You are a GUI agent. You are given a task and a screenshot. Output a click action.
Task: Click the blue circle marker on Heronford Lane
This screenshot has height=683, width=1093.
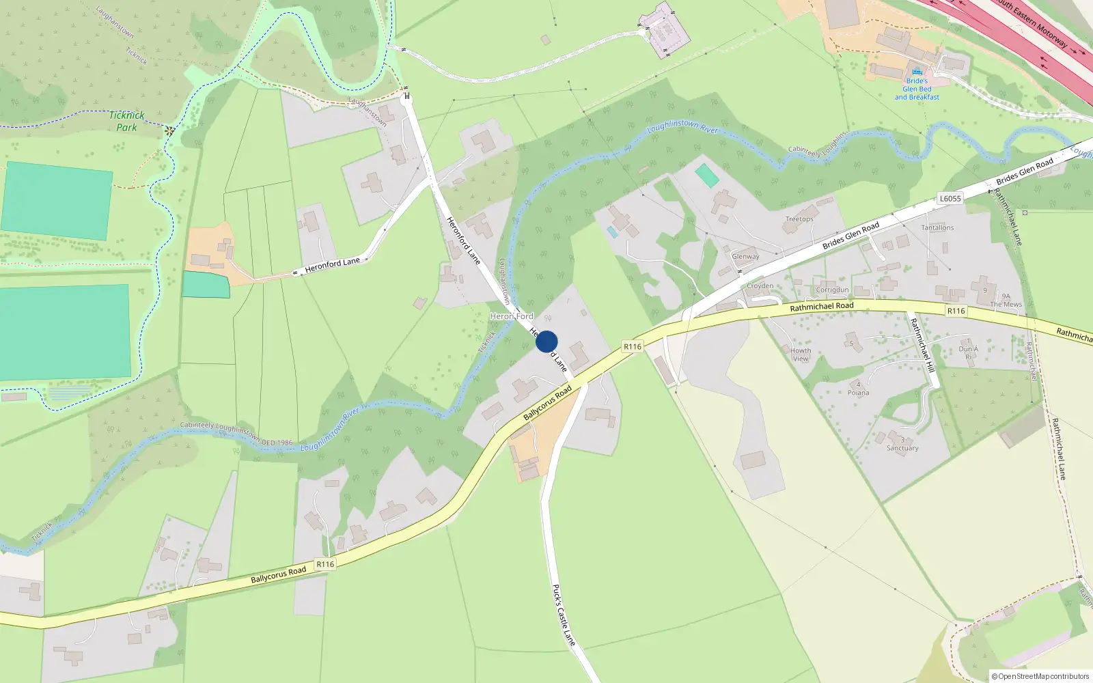(x=546, y=341)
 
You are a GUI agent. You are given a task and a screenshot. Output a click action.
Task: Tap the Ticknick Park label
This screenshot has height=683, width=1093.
(x=126, y=122)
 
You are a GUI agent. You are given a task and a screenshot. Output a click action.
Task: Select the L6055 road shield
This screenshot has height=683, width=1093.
(x=950, y=199)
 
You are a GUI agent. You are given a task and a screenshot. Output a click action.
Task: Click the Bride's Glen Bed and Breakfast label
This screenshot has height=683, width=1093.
(x=917, y=89)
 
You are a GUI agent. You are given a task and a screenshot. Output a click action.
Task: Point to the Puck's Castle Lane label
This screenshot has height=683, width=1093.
(x=564, y=615)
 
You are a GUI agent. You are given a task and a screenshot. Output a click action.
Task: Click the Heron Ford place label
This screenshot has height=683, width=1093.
(x=512, y=316)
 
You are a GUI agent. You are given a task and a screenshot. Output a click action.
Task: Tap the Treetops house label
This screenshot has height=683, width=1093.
(x=799, y=219)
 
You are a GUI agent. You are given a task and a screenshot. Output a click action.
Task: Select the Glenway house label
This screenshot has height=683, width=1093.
(x=745, y=257)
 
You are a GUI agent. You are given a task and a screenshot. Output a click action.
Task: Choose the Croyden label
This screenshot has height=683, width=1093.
(x=760, y=286)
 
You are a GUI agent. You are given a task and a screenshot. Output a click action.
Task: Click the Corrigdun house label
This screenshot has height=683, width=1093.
(x=832, y=290)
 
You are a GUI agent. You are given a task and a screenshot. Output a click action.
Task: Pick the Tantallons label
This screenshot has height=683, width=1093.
(x=937, y=227)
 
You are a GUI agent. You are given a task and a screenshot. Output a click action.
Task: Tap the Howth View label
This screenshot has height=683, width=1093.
(x=801, y=354)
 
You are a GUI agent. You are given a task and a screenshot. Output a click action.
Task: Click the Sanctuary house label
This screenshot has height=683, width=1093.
(x=902, y=448)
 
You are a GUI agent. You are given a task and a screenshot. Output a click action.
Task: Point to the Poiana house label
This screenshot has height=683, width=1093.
(x=859, y=393)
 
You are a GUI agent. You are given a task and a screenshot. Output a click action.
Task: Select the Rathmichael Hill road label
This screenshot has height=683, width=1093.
(x=922, y=345)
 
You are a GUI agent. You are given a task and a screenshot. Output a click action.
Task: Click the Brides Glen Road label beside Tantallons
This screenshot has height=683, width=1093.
(x=850, y=236)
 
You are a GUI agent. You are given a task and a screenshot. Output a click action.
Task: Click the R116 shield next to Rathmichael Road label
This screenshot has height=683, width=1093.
(x=956, y=311)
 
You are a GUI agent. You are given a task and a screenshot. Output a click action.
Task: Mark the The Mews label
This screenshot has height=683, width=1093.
(x=1006, y=305)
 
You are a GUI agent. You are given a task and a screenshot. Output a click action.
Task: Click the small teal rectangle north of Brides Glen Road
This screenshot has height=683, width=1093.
(x=707, y=176)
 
